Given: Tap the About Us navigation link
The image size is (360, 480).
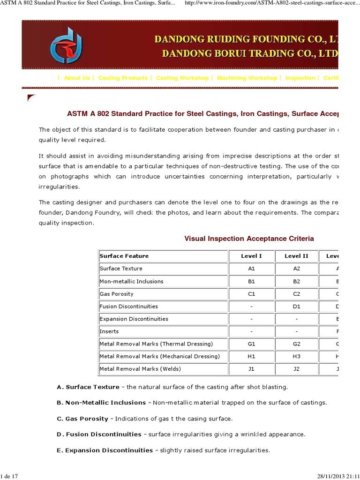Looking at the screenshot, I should (x=77, y=78).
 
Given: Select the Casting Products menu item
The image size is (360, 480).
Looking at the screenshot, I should (x=123, y=78).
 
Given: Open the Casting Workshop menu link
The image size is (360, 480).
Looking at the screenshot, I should (x=182, y=78).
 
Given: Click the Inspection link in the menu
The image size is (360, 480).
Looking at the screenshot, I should (x=300, y=78).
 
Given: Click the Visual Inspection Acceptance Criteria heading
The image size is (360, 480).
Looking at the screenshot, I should (x=249, y=239).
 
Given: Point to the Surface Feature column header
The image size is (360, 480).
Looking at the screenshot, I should (x=124, y=256).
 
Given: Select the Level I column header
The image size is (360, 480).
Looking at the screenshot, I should (x=251, y=256).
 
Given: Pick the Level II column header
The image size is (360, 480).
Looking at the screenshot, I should (x=296, y=256).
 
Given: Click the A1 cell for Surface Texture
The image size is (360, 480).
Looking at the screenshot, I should (x=251, y=269).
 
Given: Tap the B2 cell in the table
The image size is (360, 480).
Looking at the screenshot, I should (x=296, y=281).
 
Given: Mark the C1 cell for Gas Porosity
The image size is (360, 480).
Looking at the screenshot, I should (x=251, y=294).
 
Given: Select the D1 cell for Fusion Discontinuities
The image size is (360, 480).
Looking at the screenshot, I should (x=296, y=307).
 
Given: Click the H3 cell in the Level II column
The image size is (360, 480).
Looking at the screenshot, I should (x=296, y=356).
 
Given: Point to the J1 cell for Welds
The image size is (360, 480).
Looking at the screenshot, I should (x=251, y=369).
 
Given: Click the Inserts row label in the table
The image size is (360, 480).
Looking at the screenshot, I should (x=109, y=331).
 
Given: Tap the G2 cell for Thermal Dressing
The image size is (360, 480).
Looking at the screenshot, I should (x=296, y=344).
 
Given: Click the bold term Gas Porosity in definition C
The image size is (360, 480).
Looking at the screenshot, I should (x=87, y=419).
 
